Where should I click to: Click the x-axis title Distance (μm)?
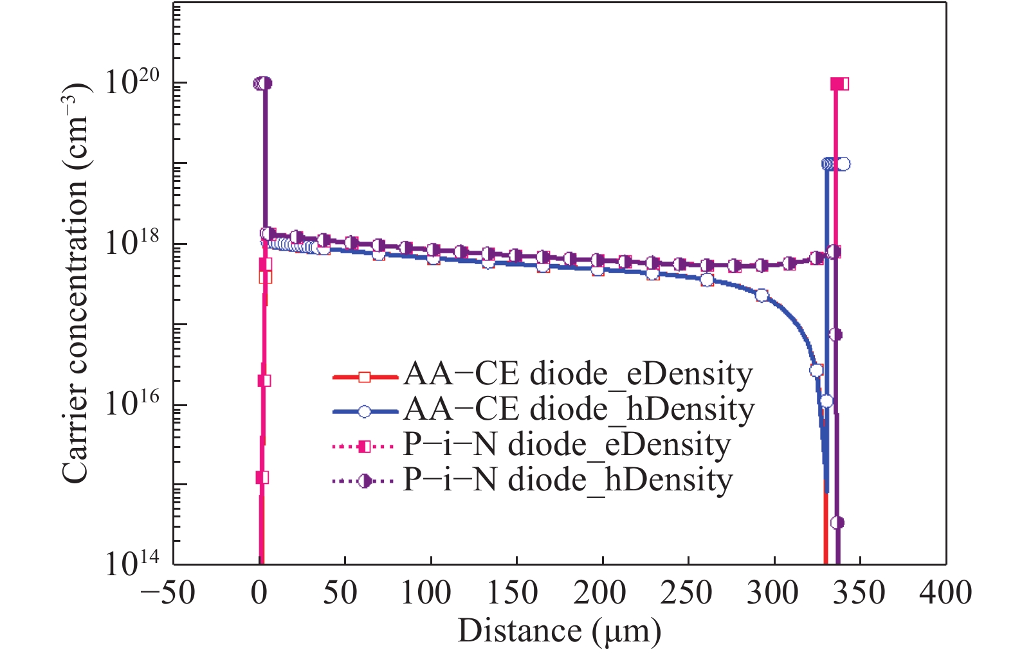pos(559,631)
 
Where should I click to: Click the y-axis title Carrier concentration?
pos(77,283)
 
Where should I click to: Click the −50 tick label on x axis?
pos(168,593)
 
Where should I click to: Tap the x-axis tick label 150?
pos(513,593)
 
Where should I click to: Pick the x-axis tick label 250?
pos(686,593)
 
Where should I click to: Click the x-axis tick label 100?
pos(426,593)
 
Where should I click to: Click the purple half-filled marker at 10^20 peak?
pos(263,84)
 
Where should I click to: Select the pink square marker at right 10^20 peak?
pos(839,84)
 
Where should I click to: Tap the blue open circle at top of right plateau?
pos(843,164)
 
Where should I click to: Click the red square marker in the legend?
pos(365,377)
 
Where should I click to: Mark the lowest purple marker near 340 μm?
pos(837,523)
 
